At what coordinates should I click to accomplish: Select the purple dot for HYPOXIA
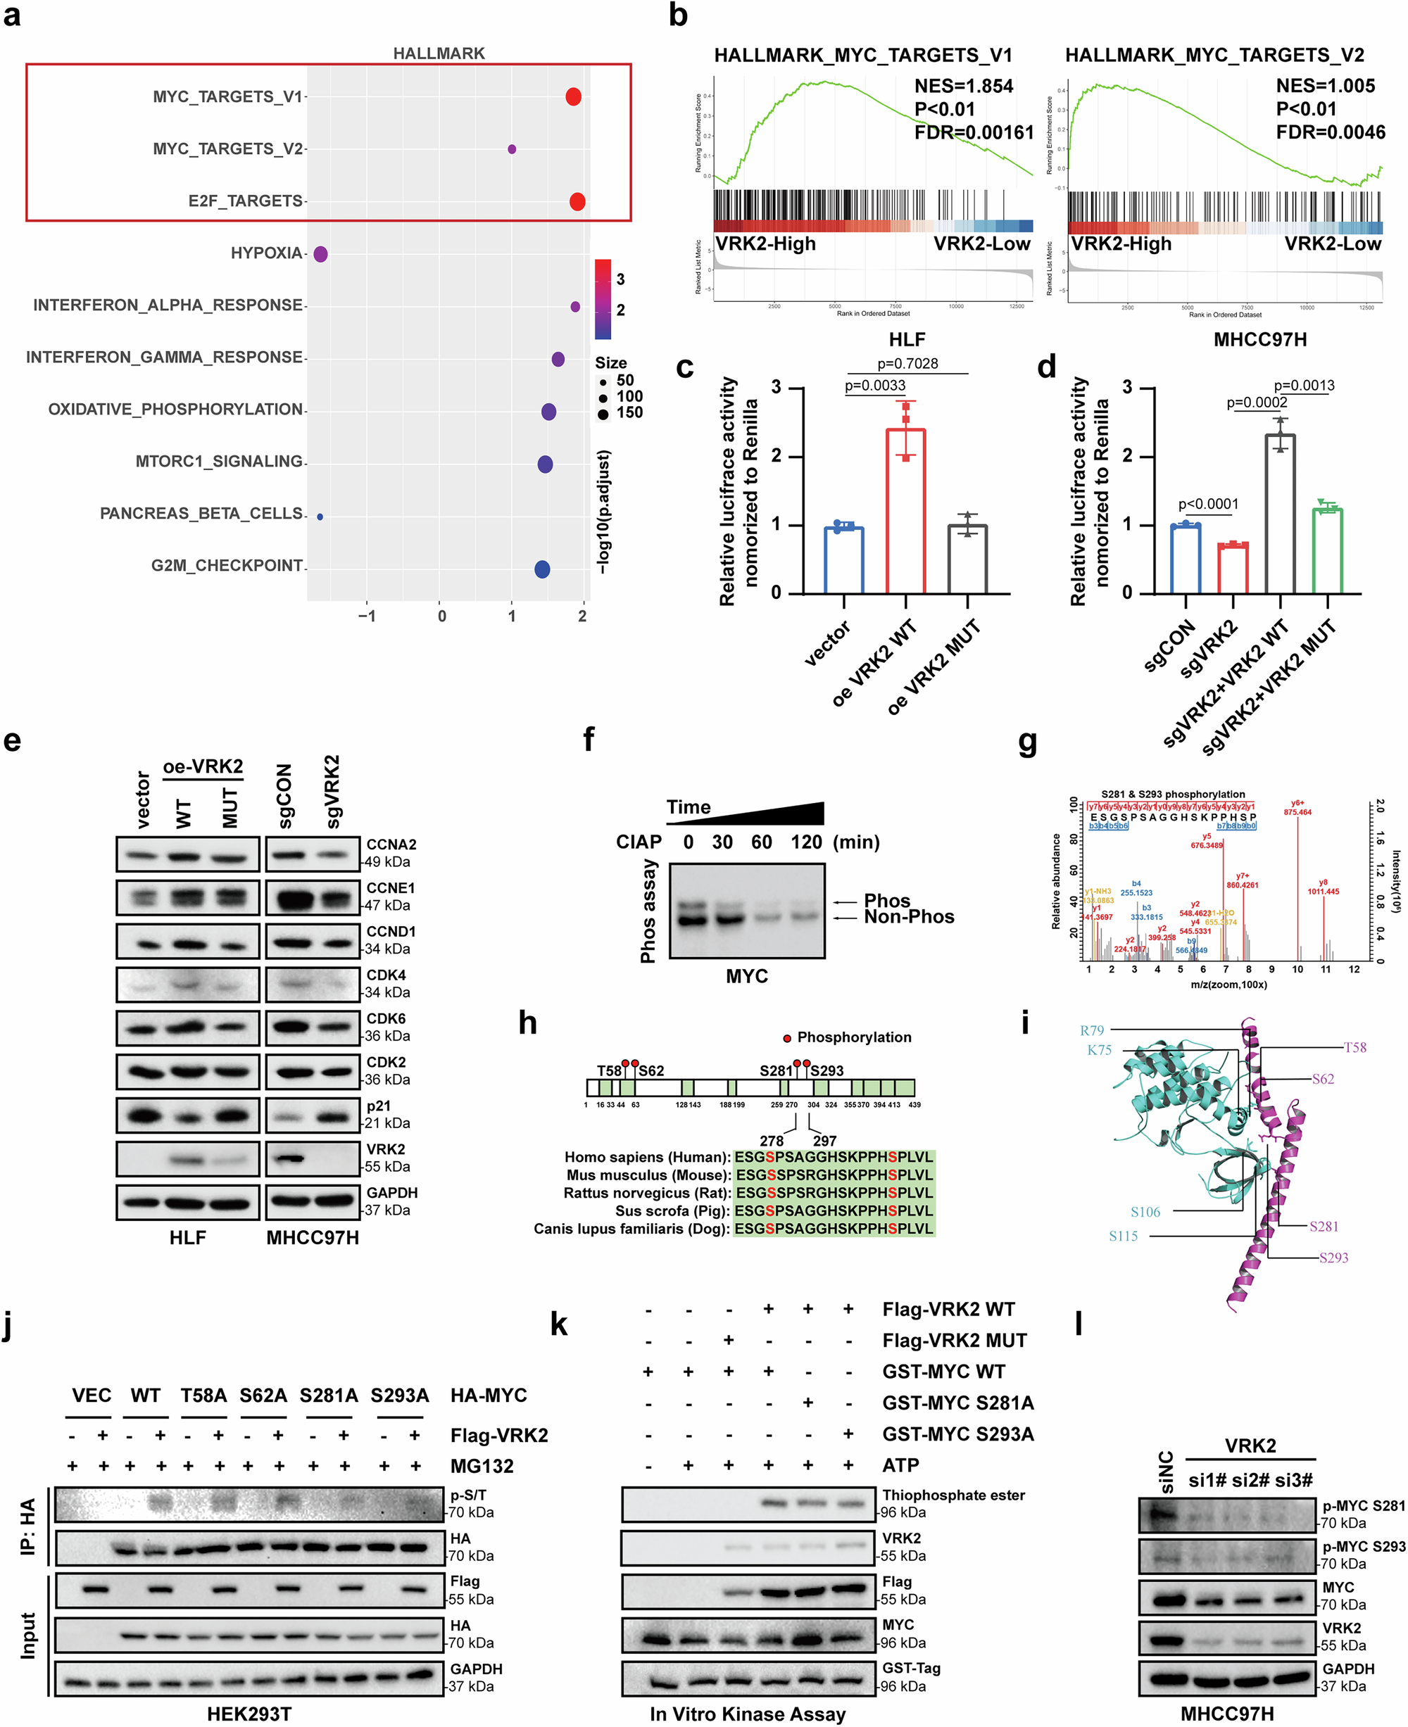point(320,254)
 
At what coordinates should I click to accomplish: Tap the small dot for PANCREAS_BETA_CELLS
point(320,517)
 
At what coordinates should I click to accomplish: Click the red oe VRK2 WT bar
point(905,511)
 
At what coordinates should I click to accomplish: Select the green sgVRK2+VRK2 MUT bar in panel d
point(1328,550)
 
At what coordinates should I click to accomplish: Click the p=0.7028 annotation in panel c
point(907,363)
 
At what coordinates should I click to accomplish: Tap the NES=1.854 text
point(964,86)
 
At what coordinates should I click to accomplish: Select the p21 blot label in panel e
point(379,1106)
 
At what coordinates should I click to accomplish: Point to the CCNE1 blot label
point(390,888)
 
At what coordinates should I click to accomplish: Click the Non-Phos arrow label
point(908,917)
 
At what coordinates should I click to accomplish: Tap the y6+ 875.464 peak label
point(1297,808)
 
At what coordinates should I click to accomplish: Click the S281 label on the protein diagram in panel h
point(775,1070)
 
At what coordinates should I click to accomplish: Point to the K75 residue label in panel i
point(1099,1050)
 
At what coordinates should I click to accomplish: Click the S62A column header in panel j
point(263,1396)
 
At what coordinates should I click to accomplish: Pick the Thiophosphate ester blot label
point(953,1495)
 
